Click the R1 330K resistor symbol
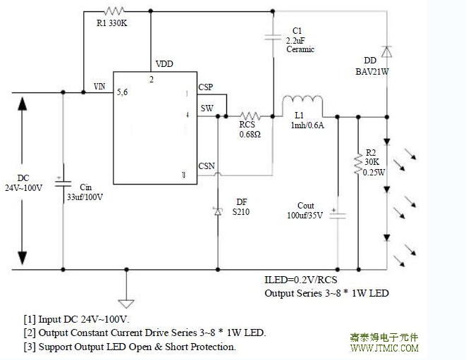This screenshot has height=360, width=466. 114,11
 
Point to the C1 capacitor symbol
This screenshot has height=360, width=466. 272,39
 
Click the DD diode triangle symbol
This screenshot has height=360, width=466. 386,51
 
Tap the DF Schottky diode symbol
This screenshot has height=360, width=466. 217,211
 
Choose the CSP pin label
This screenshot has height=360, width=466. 206,87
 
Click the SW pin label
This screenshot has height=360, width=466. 207,108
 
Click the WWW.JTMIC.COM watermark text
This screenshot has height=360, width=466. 384,349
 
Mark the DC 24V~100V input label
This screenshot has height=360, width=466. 23,182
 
